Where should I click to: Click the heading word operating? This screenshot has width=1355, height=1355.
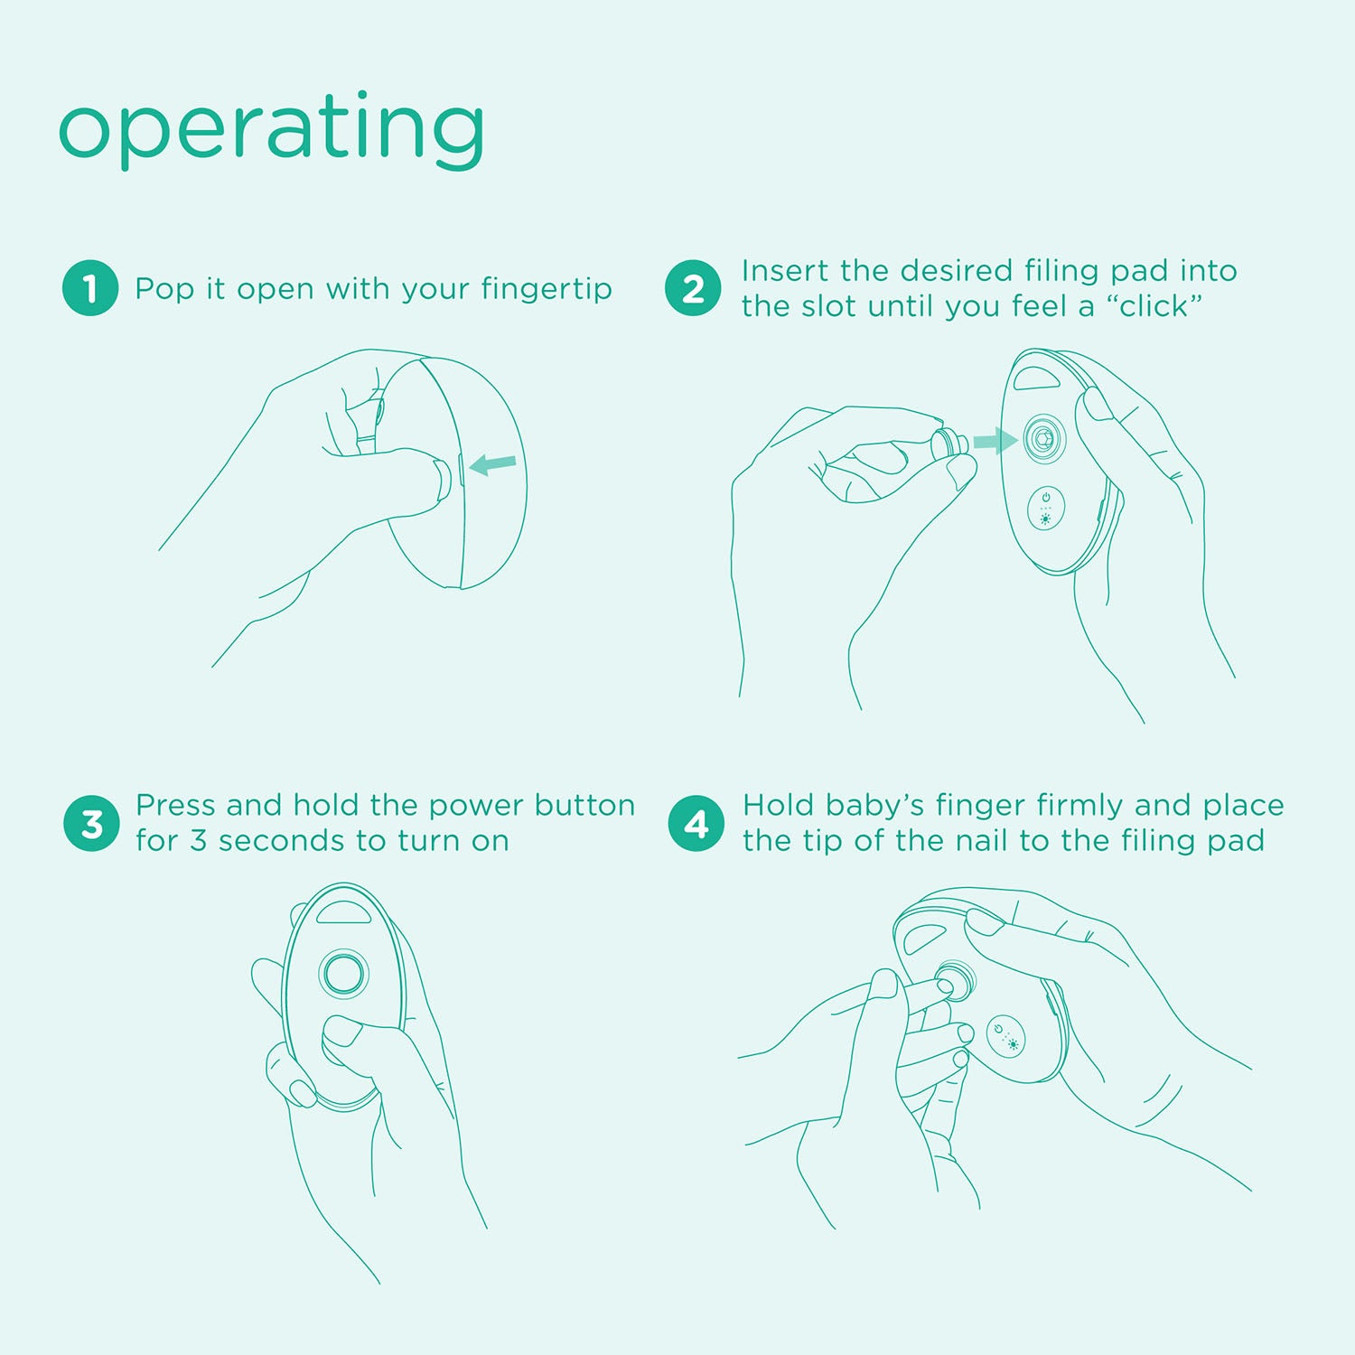(x=271, y=130)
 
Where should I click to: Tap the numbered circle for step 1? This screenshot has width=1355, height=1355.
(x=90, y=288)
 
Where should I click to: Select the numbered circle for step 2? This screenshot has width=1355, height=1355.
(x=693, y=288)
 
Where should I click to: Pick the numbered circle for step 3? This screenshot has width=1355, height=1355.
(x=91, y=824)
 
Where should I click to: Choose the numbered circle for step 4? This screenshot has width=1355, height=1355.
(x=696, y=824)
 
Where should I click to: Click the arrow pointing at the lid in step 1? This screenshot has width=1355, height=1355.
(x=493, y=464)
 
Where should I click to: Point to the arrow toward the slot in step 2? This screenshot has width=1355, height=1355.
(x=995, y=441)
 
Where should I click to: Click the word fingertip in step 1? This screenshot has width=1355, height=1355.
(x=547, y=290)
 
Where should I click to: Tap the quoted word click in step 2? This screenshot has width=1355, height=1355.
(x=1154, y=306)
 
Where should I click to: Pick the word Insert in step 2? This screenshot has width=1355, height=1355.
(x=786, y=271)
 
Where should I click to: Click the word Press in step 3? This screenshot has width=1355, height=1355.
(x=176, y=805)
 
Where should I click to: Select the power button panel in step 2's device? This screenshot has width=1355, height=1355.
(x=1046, y=509)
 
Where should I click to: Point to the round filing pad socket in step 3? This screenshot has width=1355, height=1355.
(x=344, y=973)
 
